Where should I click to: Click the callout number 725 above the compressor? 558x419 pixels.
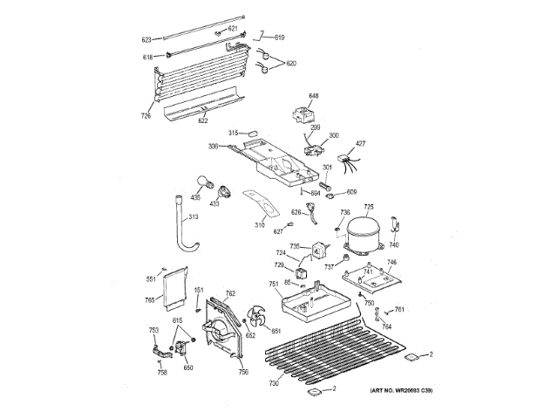[369, 207]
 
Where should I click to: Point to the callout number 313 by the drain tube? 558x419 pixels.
[194, 216]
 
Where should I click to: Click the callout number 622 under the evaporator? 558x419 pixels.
[203, 120]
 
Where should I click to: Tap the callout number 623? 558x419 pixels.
[146, 39]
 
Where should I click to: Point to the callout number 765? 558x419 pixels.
[149, 301]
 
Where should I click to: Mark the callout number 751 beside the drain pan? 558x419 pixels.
[274, 285]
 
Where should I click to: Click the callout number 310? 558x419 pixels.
[260, 226]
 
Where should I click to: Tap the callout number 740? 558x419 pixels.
[393, 244]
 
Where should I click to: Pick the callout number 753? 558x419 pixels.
[153, 329]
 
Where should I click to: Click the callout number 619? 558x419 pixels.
[280, 38]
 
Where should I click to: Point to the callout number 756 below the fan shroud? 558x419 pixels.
[243, 373]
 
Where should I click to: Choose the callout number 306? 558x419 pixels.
[213, 146]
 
